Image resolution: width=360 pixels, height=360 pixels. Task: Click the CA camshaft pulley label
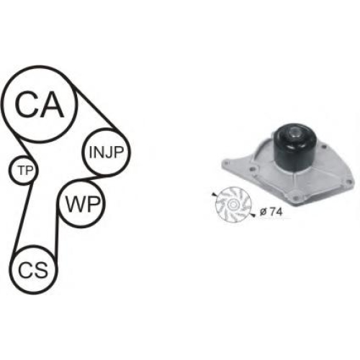point(40,104)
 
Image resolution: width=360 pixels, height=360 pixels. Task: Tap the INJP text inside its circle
point(106,152)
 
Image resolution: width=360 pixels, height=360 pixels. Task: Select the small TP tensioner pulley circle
point(23,170)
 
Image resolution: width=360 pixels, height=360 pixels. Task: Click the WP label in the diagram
point(82,204)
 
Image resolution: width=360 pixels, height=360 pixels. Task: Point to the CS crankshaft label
point(33,270)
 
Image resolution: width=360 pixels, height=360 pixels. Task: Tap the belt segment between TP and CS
point(23,218)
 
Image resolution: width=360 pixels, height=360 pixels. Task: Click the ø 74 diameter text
point(271,212)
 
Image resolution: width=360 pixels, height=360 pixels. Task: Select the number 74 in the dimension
point(276,212)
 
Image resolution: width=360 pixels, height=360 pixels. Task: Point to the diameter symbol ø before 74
point(264,212)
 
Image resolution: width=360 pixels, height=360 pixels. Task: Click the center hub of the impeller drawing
point(233,204)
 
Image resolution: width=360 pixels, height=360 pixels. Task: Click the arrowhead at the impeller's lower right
point(253,215)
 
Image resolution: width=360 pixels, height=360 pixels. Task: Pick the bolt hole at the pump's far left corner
point(227,163)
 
